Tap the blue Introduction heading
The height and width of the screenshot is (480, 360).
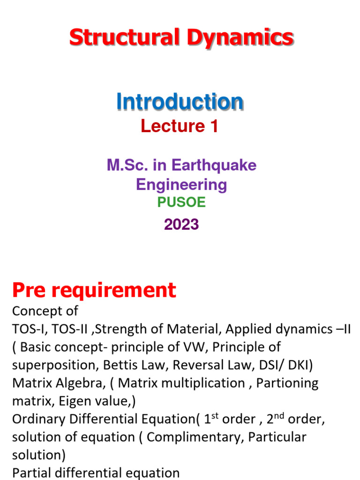click(180, 102)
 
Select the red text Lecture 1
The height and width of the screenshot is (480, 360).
click(180, 126)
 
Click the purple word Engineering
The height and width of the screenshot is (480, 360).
click(181, 184)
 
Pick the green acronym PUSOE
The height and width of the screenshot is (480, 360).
click(181, 202)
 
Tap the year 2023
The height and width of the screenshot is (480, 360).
click(181, 225)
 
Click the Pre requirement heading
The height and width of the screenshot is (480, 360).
click(94, 291)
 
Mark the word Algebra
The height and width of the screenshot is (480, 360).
click(80, 383)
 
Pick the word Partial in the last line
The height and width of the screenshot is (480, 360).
click(30, 473)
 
